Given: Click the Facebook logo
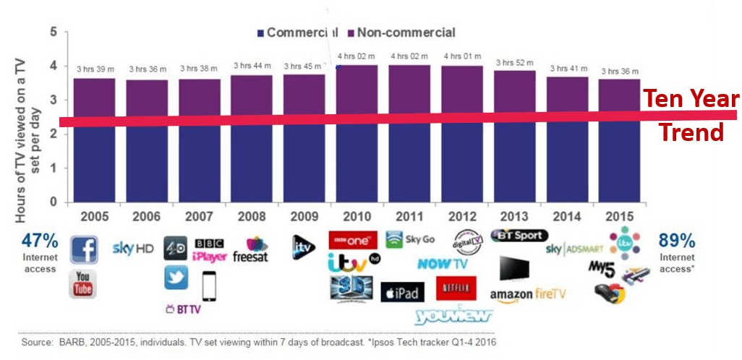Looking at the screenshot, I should click(x=84, y=249).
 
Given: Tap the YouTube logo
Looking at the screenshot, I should click(x=83, y=283).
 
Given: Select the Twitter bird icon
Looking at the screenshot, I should click(x=176, y=278).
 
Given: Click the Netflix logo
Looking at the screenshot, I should click(x=456, y=288).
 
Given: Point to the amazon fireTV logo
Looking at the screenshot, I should click(x=528, y=294).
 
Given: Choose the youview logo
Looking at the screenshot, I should click(x=453, y=315).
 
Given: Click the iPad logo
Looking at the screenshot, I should click(x=402, y=291).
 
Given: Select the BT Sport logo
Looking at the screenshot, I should click(x=519, y=236).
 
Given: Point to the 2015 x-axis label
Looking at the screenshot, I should click(x=619, y=215).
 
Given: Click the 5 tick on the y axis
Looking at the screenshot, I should click(x=54, y=32).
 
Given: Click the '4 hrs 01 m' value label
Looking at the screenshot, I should click(x=463, y=56).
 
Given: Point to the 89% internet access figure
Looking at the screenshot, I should click(x=676, y=241).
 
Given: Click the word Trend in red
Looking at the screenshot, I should click(x=694, y=132).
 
